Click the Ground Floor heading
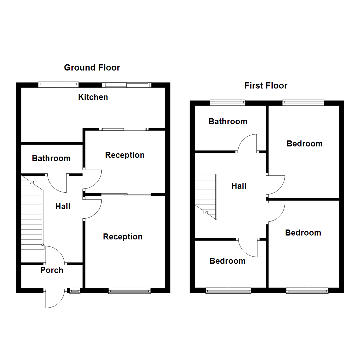[x=92, y=68]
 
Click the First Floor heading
[x=266, y=86]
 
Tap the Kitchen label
[x=93, y=97]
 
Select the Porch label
[x=52, y=270]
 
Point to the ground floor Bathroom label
[x=51, y=158]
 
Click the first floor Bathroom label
[x=228, y=121]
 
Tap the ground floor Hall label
[x=63, y=206]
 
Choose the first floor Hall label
[x=239, y=186]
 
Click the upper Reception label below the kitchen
[x=125, y=155]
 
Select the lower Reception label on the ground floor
[x=123, y=237]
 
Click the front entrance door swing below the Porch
[x=54, y=299]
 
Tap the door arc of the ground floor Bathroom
[x=57, y=183]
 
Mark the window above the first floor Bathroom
[x=228, y=103]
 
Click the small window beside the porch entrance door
[x=74, y=291]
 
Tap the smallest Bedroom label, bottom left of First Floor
[x=227, y=261]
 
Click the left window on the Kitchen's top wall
[x=58, y=85]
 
